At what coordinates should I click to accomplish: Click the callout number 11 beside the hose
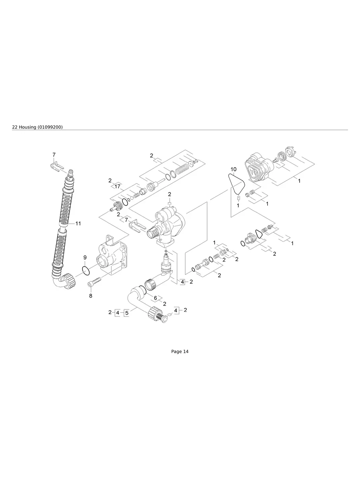pyautogui.click(x=78, y=224)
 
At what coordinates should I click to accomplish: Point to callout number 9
pyautogui.click(x=85, y=257)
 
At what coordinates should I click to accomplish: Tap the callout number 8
pyautogui.click(x=90, y=296)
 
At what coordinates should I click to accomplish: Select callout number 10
pyautogui.click(x=233, y=169)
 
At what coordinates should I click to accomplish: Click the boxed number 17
pyautogui.click(x=117, y=186)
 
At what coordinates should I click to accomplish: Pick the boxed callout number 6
pyautogui.click(x=156, y=298)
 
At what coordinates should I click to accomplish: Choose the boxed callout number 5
pyautogui.click(x=127, y=313)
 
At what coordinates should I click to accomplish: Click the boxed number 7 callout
pyautogui.click(x=126, y=220)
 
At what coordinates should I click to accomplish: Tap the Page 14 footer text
pyautogui.click(x=180, y=351)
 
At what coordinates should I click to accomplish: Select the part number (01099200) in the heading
pyautogui.click(x=50, y=127)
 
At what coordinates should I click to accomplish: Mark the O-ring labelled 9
pyautogui.click(x=85, y=271)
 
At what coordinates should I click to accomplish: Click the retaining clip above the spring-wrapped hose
pyautogui.click(x=57, y=166)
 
